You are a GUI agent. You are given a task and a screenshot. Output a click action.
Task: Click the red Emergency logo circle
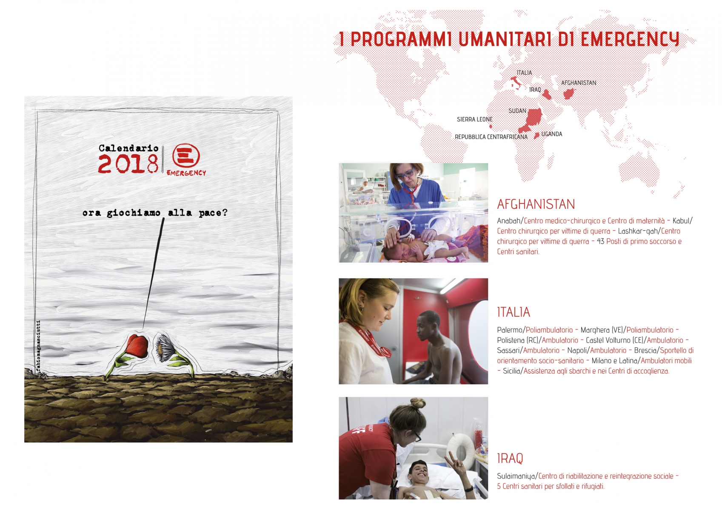[186, 155]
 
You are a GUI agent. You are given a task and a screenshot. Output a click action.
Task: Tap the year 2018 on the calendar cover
[128, 164]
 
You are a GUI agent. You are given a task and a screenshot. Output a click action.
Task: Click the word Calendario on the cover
[128, 148]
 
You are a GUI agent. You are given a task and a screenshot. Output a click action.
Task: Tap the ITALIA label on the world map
[524, 73]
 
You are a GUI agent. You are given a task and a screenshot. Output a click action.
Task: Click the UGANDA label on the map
[551, 134]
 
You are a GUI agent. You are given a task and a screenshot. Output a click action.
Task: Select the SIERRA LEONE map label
[474, 119]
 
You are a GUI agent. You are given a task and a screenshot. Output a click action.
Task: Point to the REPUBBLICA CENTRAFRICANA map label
[491, 137]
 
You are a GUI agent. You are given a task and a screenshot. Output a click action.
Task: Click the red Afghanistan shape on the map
[568, 93]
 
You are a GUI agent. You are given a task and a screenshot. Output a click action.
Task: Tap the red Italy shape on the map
[515, 83]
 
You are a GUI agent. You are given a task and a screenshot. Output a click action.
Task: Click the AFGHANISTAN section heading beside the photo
[536, 204]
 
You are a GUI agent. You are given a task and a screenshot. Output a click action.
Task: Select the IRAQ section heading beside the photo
[510, 458]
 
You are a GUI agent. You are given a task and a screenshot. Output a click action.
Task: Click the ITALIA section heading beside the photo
[514, 312]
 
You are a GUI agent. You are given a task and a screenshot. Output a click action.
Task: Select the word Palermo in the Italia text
[510, 330]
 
